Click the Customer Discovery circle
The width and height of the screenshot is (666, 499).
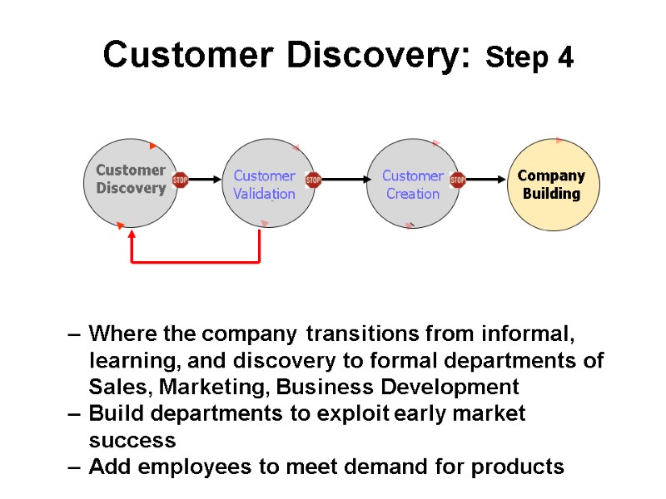pos(131,181)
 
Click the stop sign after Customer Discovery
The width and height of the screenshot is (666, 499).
pos(180,180)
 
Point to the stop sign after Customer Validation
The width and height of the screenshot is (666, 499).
pos(313,180)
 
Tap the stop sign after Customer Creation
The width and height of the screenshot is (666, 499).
pos(457,180)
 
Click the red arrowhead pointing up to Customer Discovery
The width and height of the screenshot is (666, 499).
pos(132,235)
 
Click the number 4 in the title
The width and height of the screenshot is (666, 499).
pos(564,58)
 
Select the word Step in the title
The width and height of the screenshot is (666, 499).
pos(516,58)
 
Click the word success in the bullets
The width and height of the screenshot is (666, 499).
pos(132,440)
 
